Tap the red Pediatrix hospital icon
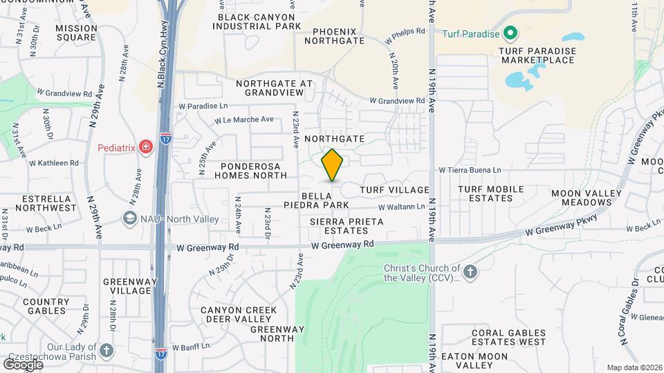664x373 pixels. click(x=145, y=146)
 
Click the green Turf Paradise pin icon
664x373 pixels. click(x=510, y=32)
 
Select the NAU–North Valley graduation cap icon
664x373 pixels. click(x=129, y=219)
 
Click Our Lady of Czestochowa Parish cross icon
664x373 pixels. click(x=106, y=350)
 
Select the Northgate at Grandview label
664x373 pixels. click(x=274, y=88)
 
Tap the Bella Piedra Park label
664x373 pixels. click(x=324, y=200)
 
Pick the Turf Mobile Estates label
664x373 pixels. click(x=486, y=193)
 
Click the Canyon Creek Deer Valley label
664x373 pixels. click(x=236, y=314)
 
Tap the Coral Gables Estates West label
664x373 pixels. click(x=509, y=337)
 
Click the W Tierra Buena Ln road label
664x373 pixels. click(x=470, y=170)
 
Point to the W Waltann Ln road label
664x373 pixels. click(x=401, y=207)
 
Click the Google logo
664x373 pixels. click(x=24, y=364)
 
